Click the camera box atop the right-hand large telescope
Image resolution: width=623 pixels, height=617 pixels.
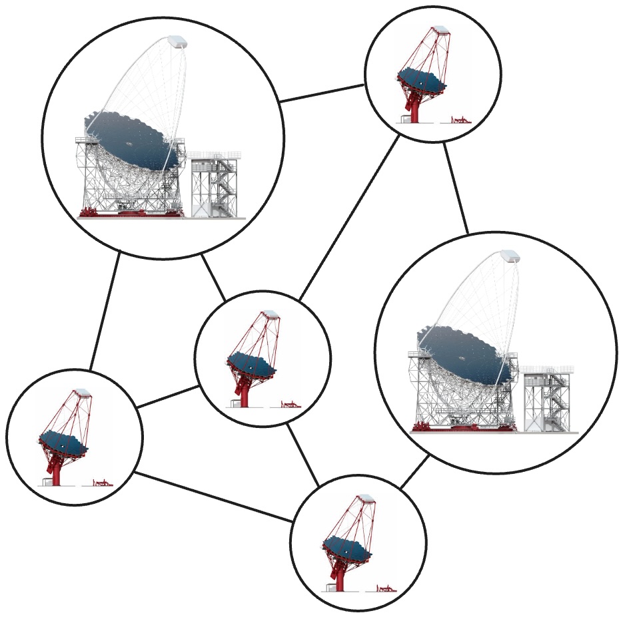tap(510, 256)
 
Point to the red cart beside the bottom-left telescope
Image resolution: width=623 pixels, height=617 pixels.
tap(102, 483)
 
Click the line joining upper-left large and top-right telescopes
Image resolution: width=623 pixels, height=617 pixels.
tap(322, 93)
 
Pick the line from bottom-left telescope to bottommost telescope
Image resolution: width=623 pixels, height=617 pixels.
tap(213, 497)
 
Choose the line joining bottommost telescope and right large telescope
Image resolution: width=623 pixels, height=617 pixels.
tap(414, 474)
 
